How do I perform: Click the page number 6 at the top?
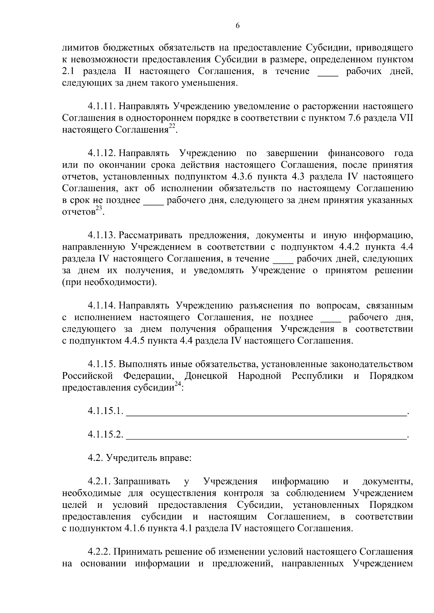[238, 25]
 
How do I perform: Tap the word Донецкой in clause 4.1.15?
[206, 376]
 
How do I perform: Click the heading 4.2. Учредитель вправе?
[139, 458]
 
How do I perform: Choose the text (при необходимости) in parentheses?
[110, 282]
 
